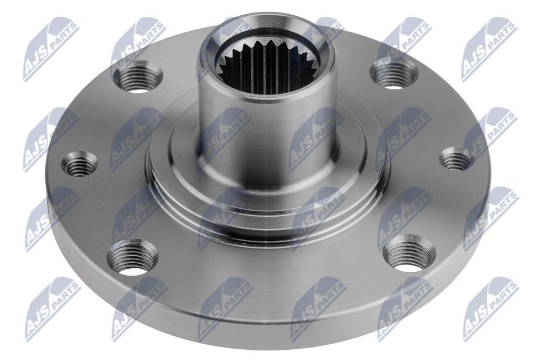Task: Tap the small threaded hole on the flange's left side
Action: click(x=79, y=164)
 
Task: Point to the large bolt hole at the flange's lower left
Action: click(x=132, y=257)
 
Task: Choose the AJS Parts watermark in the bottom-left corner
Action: click(x=51, y=308)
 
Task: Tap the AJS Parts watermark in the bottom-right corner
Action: click(x=490, y=308)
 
